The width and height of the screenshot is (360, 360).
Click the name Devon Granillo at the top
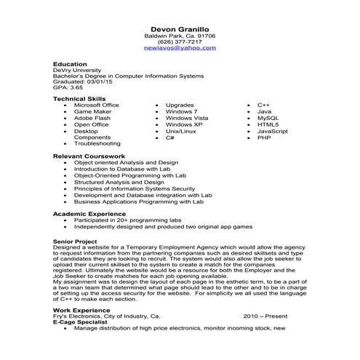pos(180,26)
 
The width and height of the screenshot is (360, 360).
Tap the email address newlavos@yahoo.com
pos(180,48)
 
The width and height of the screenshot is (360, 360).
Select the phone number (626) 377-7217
pos(180,41)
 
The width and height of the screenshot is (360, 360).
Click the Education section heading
pos(70,64)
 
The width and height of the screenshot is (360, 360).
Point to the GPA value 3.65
pos(73,87)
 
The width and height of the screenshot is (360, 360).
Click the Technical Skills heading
pos(79,99)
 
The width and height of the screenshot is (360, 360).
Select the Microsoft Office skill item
pos(96,105)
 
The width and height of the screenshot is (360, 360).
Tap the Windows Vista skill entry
pos(187,118)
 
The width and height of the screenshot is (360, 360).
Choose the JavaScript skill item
pos(272,131)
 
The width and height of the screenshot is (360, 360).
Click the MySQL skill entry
pos(268,118)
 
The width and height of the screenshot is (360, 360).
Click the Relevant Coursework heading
pos(84,156)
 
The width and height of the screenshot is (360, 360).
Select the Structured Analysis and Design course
pos(119,182)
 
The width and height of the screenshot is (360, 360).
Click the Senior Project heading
pos(75,239)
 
